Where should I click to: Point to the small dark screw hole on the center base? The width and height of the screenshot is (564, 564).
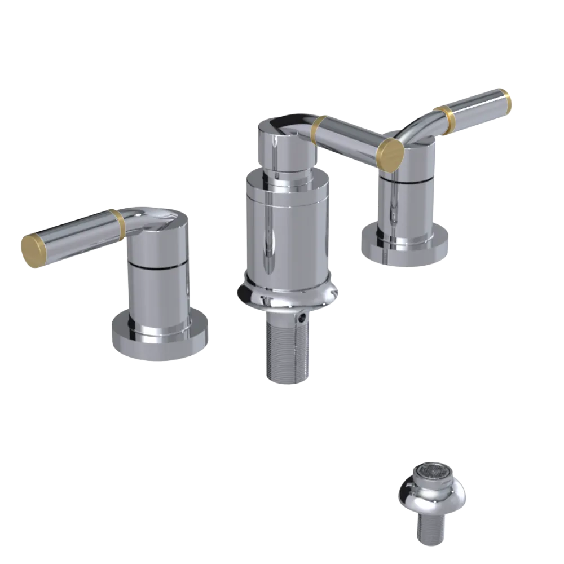coord(304,319)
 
